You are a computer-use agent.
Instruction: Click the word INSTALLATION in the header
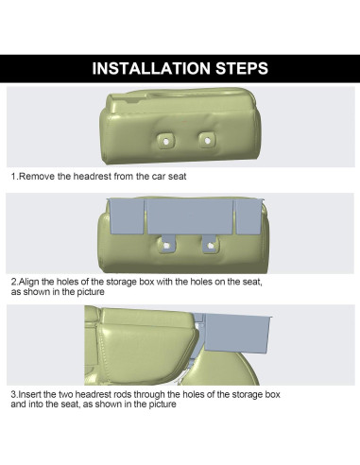[151, 68]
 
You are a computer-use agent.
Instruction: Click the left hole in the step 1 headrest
[166, 140]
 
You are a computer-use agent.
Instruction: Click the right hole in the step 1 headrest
[205, 140]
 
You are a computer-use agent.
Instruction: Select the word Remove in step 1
[39, 177]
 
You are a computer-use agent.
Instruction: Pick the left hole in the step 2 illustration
[166, 245]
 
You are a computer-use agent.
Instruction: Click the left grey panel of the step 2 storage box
[125, 216]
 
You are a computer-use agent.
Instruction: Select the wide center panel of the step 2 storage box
[186, 215]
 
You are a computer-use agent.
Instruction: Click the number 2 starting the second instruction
[13, 282]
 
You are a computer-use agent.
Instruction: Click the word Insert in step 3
[32, 393]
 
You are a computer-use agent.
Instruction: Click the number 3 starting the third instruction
[13, 393]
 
